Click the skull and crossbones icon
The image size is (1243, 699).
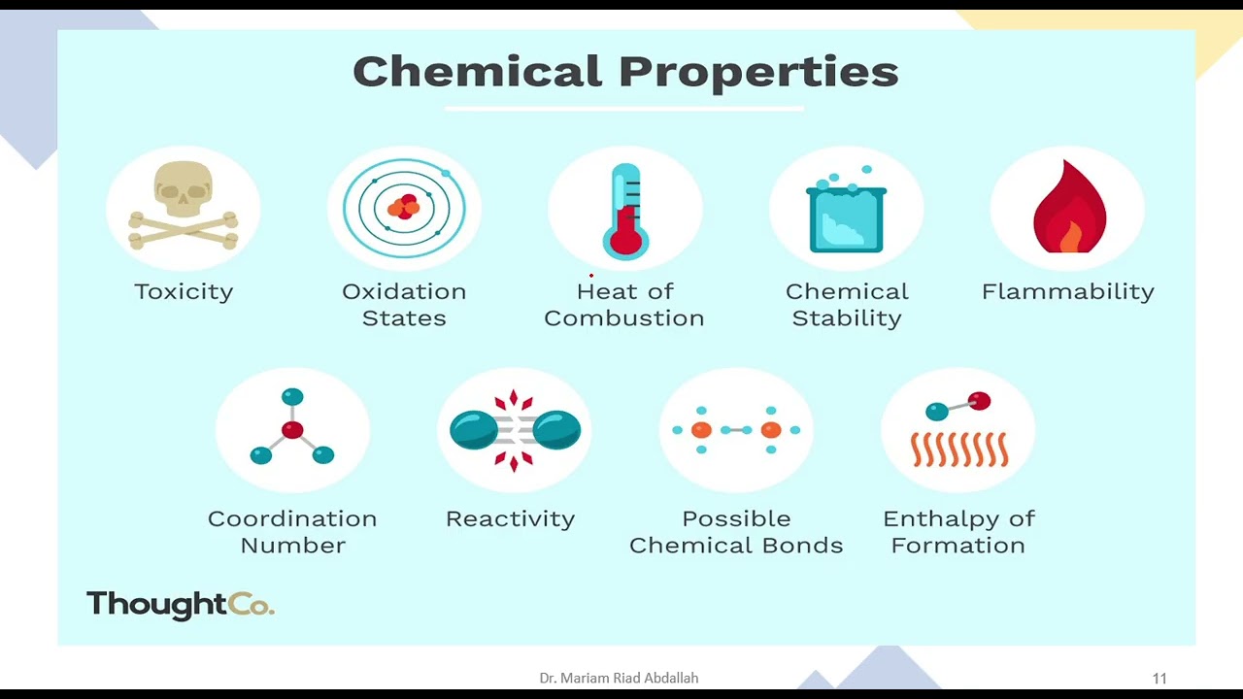(184, 205)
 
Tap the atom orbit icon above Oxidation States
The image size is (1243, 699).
(405, 208)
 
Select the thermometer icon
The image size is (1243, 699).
(626, 212)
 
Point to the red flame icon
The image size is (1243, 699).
(1069, 207)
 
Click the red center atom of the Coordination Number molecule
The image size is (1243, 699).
(292, 429)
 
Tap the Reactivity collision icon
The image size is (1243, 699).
(515, 430)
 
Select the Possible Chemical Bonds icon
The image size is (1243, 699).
(736, 430)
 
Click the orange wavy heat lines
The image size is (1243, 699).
(959, 449)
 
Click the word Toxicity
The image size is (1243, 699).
(184, 292)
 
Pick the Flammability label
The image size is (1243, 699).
(1068, 292)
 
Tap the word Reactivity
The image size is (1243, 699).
(511, 519)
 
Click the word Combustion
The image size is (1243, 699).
(624, 318)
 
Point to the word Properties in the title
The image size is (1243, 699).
(758, 73)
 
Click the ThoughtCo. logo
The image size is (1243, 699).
(181, 604)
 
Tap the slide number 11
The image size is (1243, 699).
(1159, 679)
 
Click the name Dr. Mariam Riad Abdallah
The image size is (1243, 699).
(619, 678)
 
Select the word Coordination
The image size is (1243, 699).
(292, 519)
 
